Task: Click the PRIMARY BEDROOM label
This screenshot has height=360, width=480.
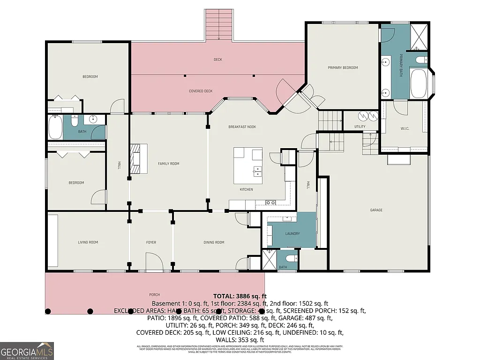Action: [342, 67]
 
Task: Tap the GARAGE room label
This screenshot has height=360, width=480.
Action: [376, 210]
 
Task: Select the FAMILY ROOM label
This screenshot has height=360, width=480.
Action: [168, 164]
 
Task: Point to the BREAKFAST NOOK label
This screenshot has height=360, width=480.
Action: [242, 127]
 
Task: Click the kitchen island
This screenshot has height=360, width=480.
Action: [248, 166]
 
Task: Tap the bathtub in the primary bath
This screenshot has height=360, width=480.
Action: [418, 84]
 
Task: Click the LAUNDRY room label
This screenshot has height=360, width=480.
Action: [292, 233]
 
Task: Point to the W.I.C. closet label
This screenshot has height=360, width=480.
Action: [405, 128]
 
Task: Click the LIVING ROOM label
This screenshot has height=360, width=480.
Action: [88, 242]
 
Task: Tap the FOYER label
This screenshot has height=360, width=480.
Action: [151, 242]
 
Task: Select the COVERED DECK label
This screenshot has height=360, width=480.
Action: [201, 91]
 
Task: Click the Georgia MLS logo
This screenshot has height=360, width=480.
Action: [27, 351]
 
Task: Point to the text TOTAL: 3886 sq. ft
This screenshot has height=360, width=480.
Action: [240, 296]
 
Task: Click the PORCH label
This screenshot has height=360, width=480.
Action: [154, 295]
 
